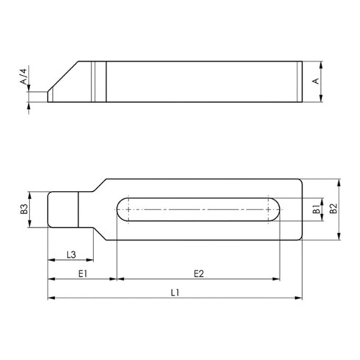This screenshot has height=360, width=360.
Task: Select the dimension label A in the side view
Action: point(317,81)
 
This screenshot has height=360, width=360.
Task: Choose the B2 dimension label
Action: point(333,210)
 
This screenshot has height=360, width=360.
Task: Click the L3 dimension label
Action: point(71,254)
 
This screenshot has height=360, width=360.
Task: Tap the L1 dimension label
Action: point(175,292)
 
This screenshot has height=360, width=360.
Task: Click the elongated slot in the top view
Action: point(198,211)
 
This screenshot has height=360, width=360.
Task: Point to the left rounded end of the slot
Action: point(120,211)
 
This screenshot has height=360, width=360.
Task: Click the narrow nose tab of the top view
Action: point(62,209)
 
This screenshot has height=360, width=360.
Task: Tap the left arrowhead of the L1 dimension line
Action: point(51,298)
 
